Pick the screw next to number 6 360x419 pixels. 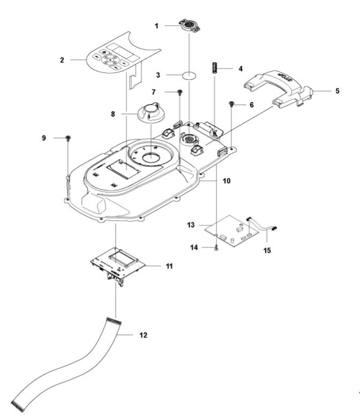click(x=231, y=104)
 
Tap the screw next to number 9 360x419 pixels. click(x=69, y=139)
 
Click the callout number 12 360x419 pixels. click(x=142, y=335)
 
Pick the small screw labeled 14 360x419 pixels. click(x=215, y=247)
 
